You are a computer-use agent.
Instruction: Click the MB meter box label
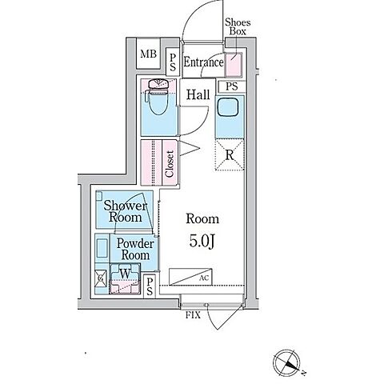point(148,54)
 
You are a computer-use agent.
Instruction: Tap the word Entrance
point(203,62)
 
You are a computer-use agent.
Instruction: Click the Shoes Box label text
point(238,26)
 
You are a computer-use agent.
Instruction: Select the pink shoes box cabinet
point(234,65)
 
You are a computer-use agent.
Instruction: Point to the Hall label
point(198,94)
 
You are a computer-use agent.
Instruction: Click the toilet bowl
point(158,98)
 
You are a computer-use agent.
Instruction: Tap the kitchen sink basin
point(227,107)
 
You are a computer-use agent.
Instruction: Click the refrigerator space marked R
point(230,155)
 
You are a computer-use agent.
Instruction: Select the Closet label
point(170,164)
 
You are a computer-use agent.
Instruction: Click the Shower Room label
point(125,211)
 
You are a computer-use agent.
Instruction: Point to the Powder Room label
point(135,250)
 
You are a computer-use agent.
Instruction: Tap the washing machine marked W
point(125,278)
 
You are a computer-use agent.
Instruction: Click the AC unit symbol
point(190,277)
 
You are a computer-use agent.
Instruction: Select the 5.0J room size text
point(202,242)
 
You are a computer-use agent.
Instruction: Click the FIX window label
point(193,315)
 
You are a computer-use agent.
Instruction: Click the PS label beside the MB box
point(173,62)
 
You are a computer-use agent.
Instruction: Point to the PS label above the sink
point(231,86)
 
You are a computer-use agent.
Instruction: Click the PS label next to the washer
point(150,286)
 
